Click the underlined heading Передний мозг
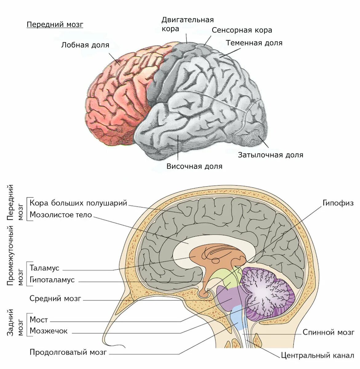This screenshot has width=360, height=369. [x=55, y=25]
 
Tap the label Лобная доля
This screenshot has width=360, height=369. [x=85, y=45]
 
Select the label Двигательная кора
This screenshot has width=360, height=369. [x=187, y=24]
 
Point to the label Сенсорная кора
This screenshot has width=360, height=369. [x=242, y=30]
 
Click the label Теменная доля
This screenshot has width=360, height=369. [x=254, y=43]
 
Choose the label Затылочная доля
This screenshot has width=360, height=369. [x=270, y=155]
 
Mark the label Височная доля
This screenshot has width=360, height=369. [x=194, y=166]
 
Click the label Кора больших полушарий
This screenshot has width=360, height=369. [x=78, y=203]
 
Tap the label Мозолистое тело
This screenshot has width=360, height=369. [x=61, y=215]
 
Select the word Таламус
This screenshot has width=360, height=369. [x=44, y=268]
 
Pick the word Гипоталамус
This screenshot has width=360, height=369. [x=52, y=280]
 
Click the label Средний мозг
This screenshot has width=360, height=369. [x=55, y=298]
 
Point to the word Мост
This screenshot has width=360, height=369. [x=39, y=319]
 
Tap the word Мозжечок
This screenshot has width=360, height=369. [x=48, y=331]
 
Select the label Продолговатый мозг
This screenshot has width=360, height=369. [x=68, y=352]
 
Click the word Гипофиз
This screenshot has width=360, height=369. [x=338, y=203]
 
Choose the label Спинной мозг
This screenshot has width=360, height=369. [x=328, y=332]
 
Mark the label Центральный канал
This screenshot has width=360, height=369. [x=317, y=356]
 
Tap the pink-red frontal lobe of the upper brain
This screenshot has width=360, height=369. [x=117, y=98]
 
